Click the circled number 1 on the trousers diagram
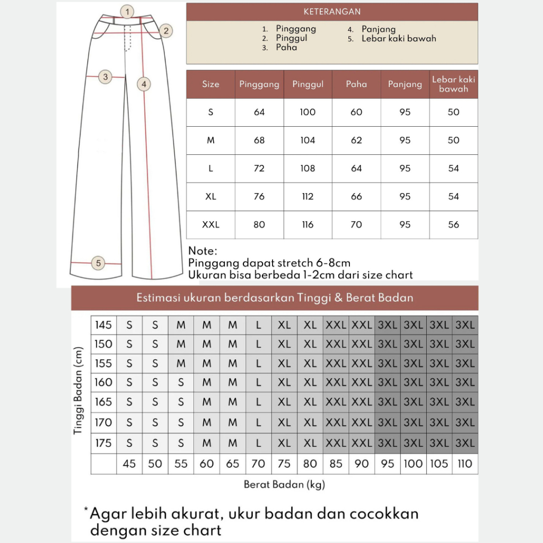(127, 11)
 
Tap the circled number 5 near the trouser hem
(99, 262)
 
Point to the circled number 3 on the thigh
(106, 77)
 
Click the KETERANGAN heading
(332, 12)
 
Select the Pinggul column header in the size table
(308, 84)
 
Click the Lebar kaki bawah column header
(453, 84)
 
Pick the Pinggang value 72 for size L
(259, 169)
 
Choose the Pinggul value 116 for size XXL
(308, 225)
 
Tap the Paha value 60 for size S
(356, 112)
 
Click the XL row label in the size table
(211, 197)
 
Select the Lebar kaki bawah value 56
(453, 225)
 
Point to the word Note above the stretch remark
(203, 251)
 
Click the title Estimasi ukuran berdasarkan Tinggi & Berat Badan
(275, 298)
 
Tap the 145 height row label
(103, 325)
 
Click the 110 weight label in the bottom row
(465, 464)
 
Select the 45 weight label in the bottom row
(129, 464)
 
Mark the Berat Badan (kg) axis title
(284, 484)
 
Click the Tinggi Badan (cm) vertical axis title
(79, 390)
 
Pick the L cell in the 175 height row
(258, 443)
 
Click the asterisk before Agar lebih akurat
(86, 511)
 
